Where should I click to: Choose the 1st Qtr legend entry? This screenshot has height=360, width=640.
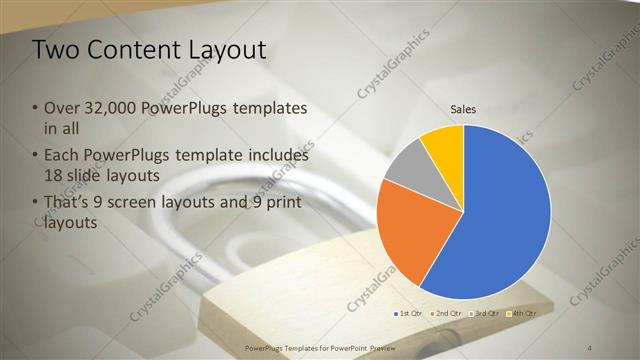tap(409, 313)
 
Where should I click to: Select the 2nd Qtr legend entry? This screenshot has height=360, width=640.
tap(446, 313)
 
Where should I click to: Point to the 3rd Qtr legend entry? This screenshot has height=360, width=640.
tap(484, 313)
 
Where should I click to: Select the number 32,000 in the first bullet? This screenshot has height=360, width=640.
tap(109, 108)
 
